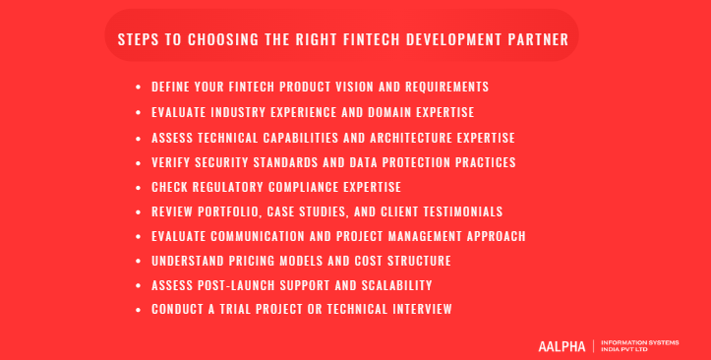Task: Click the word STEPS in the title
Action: point(137,40)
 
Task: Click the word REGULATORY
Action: point(233,186)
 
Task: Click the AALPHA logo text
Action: point(562,346)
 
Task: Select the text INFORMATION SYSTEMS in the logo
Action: point(640,341)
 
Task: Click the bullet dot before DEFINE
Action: point(139,88)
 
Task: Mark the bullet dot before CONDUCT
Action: point(139,311)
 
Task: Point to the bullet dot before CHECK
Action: point(139,187)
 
